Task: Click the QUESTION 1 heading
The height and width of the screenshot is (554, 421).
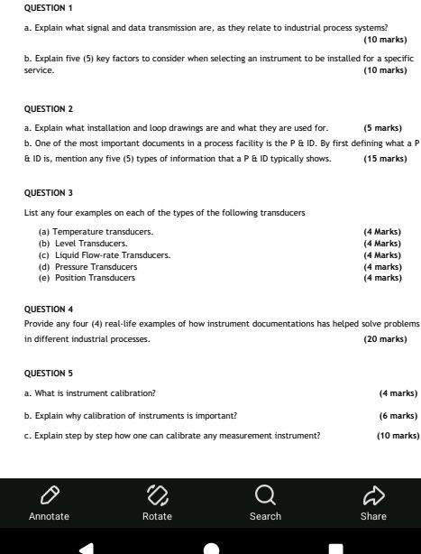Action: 48,6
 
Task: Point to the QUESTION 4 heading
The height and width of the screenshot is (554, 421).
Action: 49,309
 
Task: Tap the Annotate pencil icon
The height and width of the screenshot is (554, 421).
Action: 49,494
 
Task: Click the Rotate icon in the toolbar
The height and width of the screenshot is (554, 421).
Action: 157,494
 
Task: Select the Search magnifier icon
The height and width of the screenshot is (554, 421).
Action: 265,494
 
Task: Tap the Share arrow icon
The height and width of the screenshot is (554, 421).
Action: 373,494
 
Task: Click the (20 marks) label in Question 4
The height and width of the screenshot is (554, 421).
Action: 384,339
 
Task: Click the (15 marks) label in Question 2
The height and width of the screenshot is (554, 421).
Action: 384,159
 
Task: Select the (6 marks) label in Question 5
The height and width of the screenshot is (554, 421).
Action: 398,415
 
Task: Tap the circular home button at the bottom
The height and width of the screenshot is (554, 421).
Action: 211,547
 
